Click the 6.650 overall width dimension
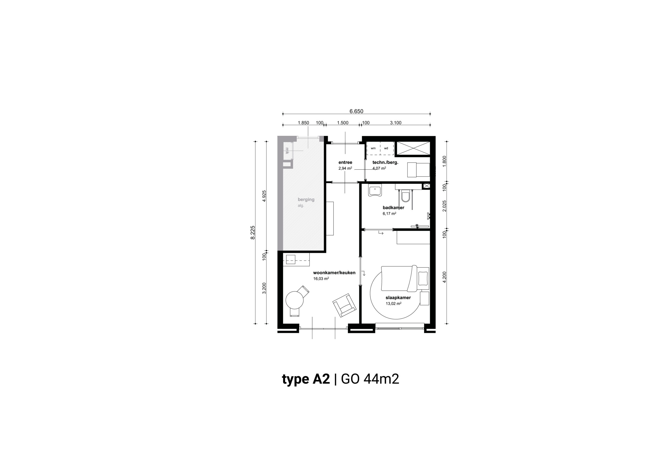(x=356, y=111)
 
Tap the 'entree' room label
(x=345, y=162)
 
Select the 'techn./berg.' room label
(x=385, y=162)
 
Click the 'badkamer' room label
(x=393, y=208)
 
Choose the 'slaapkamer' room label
(x=398, y=298)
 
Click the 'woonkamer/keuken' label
(x=334, y=273)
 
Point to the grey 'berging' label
(x=306, y=199)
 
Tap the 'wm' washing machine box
(x=373, y=148)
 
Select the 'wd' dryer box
(x=387, y=148)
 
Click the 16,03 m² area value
(x=321, y=278)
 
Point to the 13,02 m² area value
(x=393, y=303)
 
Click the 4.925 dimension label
(x=264, y=196)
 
